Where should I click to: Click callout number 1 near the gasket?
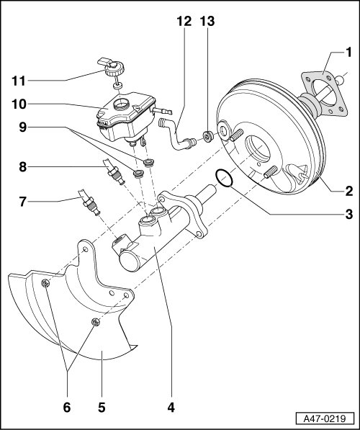(x=348, y=53)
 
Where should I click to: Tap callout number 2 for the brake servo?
(x=348, y=191)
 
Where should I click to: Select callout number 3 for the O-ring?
(x=348, y=214)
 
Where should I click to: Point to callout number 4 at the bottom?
(x=171, y=407)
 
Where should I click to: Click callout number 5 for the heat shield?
(x=102, y=407)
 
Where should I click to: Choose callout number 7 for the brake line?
(x=23, y=202)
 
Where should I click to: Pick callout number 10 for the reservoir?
(x=19, y=104)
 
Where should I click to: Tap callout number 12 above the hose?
(x=184, y=21)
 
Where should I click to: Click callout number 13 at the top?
(x=207, y=21)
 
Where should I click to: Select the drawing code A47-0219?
(x=325, y=418)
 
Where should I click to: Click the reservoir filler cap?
(x=112, y=66)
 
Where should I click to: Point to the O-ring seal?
(x=225, y=178)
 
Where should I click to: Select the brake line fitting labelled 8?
(x=114, y=172)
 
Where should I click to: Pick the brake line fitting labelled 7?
(x=89, y=202)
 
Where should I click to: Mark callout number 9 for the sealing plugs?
(x=23, y=127)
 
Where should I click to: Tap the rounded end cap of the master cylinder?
(x=130, y=261)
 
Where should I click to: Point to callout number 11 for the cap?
(x=19, y=81)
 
